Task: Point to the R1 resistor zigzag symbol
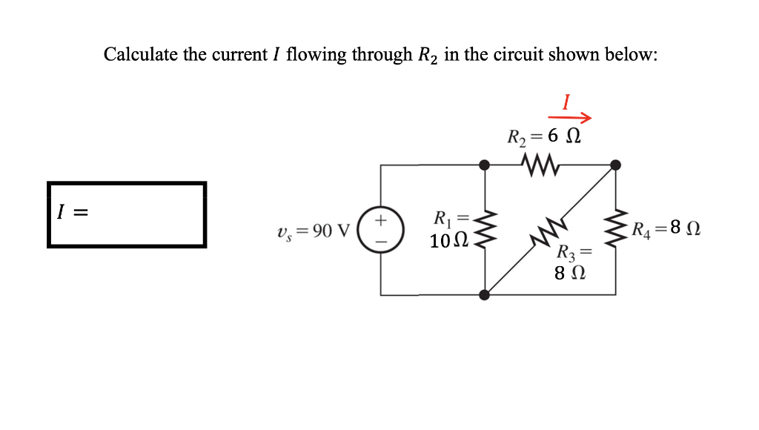(x=485, y=229)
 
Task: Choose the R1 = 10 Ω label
(x=449, y=230)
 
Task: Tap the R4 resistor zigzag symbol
(x=615, y=229)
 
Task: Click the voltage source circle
(x=381, y=229)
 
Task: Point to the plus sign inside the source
(x=381, y=220)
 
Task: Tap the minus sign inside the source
(x=381, y=239)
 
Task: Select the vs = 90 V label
(x=311, y=231)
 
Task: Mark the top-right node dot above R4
(x=615, y=165)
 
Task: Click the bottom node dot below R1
(x=485, y=294)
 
